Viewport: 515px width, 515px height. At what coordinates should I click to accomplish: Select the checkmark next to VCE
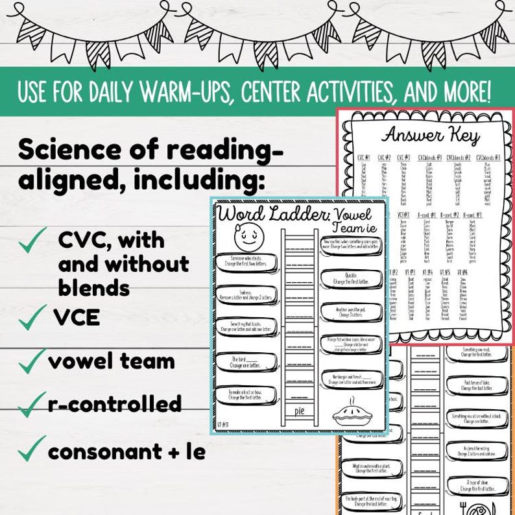(29, 318)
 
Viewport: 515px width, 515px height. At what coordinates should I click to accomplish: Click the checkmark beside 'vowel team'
(30, 361)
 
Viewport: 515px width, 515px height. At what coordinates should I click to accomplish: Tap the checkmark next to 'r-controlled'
(30, 405)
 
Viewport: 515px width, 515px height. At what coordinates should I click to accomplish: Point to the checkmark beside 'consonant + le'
(30, 449)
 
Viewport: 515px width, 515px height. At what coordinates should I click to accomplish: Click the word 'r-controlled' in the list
(115, 404)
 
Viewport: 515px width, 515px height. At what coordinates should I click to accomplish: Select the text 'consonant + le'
(126, 451)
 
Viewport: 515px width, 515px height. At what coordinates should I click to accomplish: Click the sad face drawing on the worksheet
(246, 239)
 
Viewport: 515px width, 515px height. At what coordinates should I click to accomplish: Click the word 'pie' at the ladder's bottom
(298, 410)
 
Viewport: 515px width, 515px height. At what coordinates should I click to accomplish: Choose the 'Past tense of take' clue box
(479, 387)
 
